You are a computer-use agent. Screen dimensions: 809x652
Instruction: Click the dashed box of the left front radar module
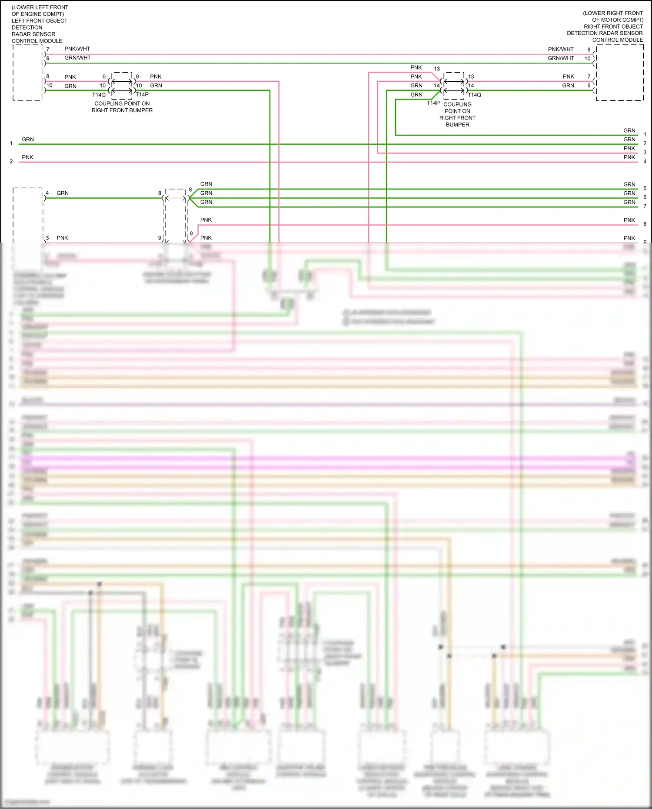27,72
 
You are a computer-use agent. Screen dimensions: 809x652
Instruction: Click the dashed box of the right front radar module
619,72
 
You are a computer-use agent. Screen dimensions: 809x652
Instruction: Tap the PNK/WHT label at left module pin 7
77,49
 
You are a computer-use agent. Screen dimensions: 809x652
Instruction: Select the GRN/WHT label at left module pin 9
77,58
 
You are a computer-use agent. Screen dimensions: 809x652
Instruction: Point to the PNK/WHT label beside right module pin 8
560,49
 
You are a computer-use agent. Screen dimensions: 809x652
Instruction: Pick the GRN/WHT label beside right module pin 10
560,58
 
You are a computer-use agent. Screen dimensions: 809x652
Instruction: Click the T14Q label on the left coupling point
99,95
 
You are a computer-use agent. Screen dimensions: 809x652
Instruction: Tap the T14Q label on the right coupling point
474,95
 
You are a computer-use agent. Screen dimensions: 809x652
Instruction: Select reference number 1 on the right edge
645,135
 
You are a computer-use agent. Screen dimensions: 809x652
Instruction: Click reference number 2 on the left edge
11,161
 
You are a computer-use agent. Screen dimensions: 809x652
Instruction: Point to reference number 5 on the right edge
645,188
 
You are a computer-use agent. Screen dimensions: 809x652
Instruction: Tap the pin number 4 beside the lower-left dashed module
47,193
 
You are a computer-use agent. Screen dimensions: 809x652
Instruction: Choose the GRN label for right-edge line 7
629,203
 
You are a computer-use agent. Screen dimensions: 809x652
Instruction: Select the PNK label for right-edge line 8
629,220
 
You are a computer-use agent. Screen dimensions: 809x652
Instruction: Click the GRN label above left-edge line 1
28,140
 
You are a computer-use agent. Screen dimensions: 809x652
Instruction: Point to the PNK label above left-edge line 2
27,157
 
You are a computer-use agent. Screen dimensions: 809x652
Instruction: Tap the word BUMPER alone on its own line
457,125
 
